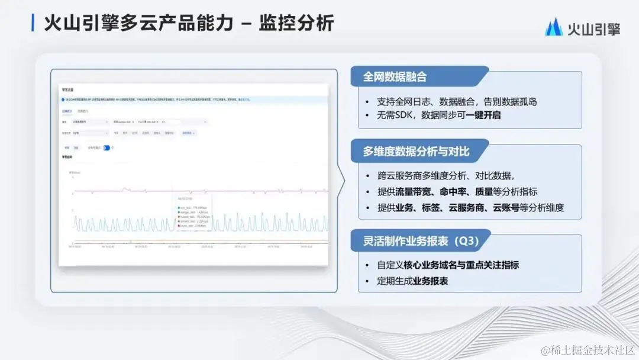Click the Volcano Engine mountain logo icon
click(554, 27)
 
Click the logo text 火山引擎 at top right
click(593, 28)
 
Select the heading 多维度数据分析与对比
click(416, 151)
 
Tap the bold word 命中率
click(455, 191)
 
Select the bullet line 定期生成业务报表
click(412, 281)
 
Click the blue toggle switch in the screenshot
click(107, 148)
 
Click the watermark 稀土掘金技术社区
click(592, 350)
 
